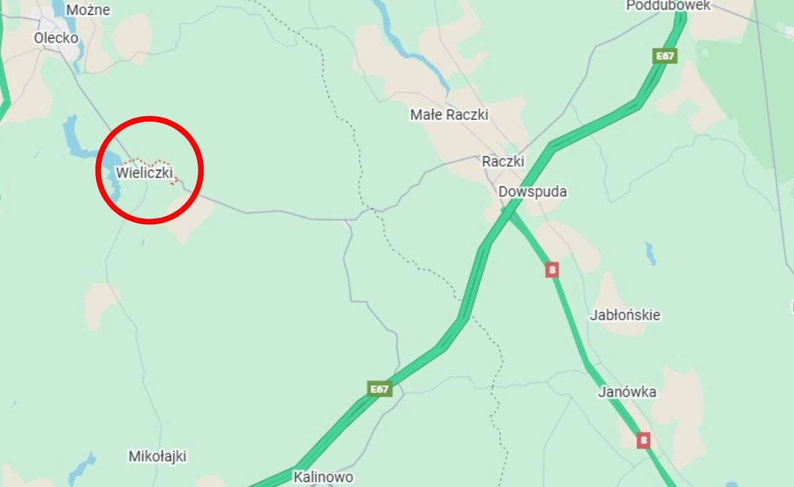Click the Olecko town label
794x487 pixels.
click(56, 38)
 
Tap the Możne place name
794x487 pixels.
click(88, 10)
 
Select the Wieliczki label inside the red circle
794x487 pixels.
click(145, 173)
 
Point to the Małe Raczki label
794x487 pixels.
click(450, 115)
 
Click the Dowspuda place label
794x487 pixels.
click(533, 192)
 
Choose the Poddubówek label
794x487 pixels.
click(668, 6)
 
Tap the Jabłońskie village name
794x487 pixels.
click(625, 315)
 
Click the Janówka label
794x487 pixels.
click(627, 392)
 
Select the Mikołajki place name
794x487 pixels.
click(158, 456)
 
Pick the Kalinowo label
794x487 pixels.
click(323, 477)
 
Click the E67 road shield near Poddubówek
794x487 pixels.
click(665, 56)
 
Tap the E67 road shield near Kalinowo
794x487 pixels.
click(380, 389)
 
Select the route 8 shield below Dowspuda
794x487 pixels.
click(552, 270)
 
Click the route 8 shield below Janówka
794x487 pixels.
click(644, 440)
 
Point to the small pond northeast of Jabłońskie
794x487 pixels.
click(651, 254)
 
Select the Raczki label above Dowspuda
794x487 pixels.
click(503, 161)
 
